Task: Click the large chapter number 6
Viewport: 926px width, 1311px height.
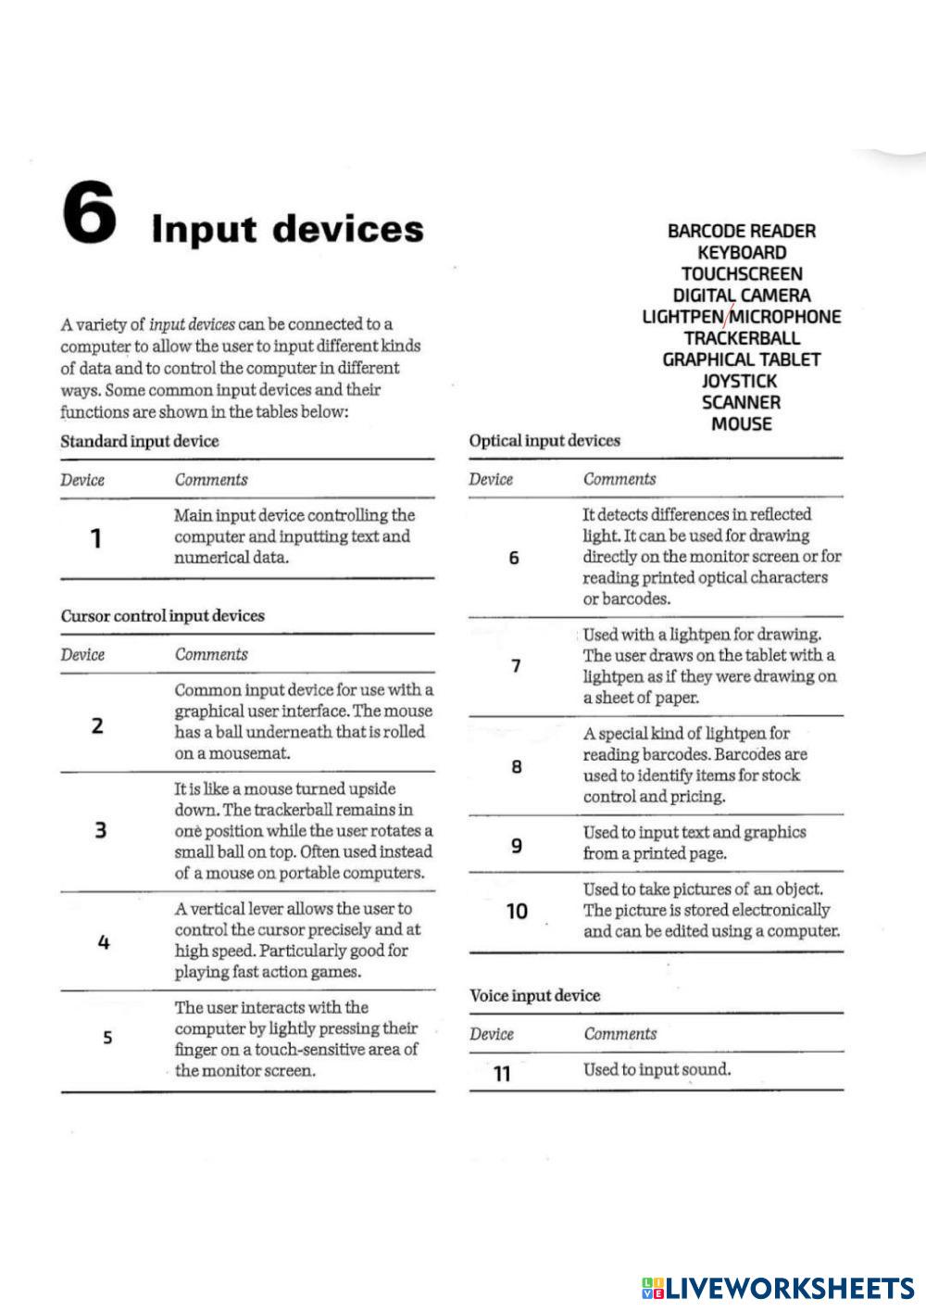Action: [90, 212]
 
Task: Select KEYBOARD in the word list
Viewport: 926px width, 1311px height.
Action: [742, 252]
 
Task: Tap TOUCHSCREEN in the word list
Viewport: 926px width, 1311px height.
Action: [742, 273]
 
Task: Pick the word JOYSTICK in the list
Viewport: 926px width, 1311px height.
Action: [740, 381]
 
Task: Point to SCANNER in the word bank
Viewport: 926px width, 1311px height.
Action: [741, 402]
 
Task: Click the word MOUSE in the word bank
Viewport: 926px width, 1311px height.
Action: [741, 423]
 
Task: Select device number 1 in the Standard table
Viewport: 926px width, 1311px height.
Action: [95, 537]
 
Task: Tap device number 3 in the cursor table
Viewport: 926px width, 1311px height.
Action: [100, 830]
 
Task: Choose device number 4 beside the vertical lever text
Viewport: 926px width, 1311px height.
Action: [103, 942]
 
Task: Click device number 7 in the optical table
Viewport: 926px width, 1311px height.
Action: [516, 665]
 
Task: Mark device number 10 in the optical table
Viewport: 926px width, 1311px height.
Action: [517, 911]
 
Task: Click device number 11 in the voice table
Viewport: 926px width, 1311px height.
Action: [502, 1073]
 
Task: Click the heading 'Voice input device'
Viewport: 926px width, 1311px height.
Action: [534, 996]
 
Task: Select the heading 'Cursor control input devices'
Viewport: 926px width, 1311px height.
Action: [162, 616]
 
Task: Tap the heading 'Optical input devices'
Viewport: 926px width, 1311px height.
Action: [544, 440]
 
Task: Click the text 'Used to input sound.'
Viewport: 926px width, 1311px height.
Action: [657, 1069]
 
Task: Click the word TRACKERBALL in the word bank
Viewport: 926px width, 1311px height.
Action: [742, 338]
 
